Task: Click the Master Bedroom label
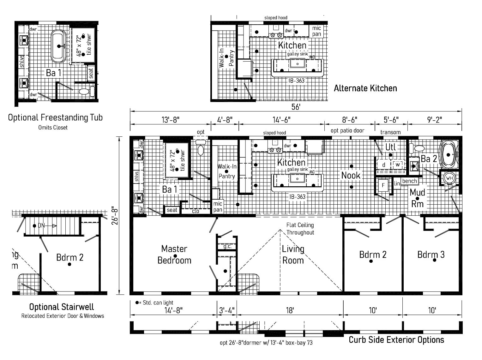(174, 255)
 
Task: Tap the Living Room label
(293, 255)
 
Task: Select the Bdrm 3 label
(431, 255)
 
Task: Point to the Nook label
(351, 175)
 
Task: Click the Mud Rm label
(417, 198)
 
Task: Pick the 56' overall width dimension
(296, 107)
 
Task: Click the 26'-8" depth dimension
(115, 215)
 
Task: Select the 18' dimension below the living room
(290, 310)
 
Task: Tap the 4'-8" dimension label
(225, 120)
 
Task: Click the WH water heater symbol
(449, 178)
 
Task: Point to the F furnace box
(383, 185)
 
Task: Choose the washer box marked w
(398, 165)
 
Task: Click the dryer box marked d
(384, 165)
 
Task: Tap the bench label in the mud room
(410, 181)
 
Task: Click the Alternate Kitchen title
(365, 88)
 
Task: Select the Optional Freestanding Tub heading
(55, 118)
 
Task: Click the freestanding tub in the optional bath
(59, 46)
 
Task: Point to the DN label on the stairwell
(41, 225)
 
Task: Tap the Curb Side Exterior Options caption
(396, 340)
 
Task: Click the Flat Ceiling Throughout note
(300, 229)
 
